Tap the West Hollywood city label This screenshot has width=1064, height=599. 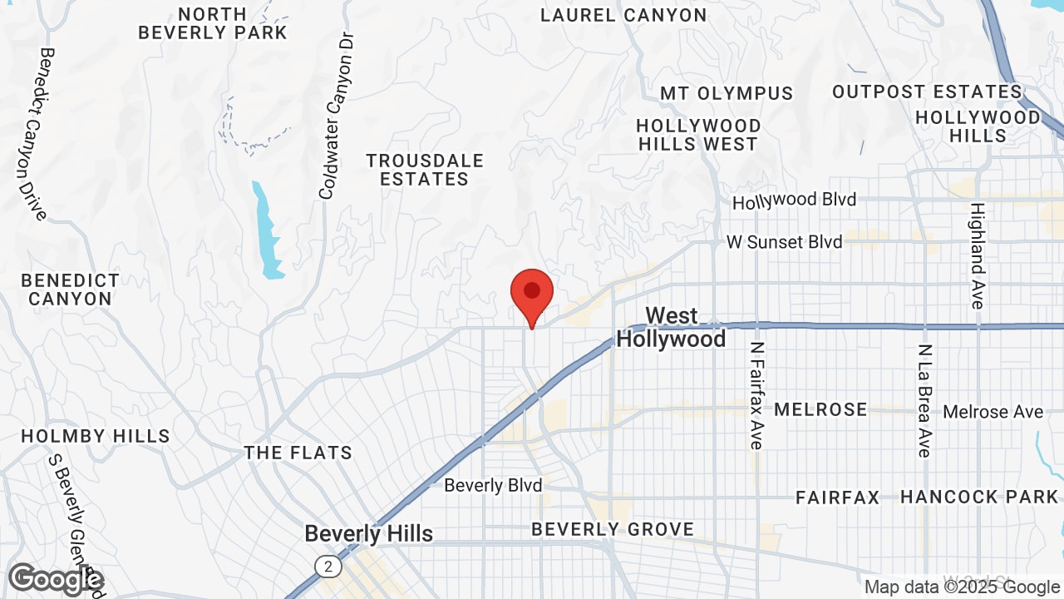671,327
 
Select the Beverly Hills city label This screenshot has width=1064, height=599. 368,533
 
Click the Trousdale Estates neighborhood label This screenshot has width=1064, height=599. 425,169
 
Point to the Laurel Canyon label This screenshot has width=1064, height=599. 623,15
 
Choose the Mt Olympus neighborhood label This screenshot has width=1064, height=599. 727,92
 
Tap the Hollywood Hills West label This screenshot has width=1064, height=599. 698,135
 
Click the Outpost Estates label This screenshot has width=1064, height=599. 927,92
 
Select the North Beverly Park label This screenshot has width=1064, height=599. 213,23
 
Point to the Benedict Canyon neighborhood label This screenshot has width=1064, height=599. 70,289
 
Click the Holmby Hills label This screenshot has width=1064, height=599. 95,436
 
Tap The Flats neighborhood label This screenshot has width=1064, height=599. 298,453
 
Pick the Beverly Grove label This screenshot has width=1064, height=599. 613,529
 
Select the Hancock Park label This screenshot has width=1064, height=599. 979,497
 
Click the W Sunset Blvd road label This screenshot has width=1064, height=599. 784,242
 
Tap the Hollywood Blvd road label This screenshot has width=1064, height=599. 794,200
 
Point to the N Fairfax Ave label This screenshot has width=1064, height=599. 756,395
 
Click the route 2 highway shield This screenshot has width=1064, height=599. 328,567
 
